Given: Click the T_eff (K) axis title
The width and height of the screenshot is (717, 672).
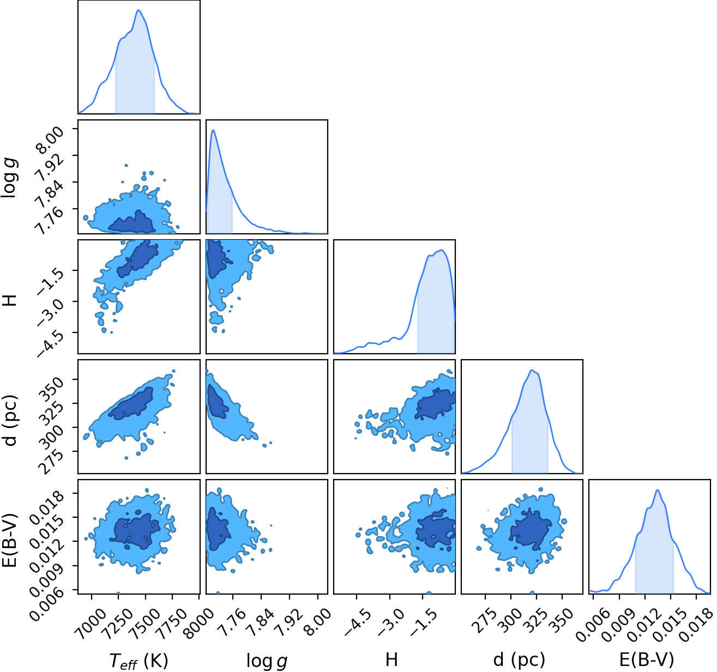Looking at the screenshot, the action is coord(138,661).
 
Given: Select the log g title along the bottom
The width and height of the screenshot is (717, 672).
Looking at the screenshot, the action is coord(267,661).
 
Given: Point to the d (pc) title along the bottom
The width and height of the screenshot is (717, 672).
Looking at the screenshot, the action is coord(519,660).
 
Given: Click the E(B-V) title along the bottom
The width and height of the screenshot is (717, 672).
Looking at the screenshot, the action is coord(647,660).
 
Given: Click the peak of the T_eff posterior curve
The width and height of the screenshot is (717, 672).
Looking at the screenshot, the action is coord(138,10).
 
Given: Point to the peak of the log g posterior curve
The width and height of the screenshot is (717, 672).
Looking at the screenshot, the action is coord(213,130).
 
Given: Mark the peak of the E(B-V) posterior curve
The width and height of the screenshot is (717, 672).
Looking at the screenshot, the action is coord(658,490).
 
